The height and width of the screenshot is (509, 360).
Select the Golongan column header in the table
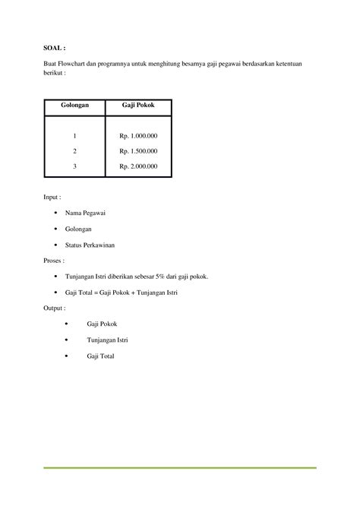(74, 106)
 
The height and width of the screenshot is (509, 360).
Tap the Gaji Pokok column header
(137, 106)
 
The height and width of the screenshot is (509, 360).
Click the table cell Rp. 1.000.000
(137, 136)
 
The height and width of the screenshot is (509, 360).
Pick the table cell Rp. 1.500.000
(137, 150)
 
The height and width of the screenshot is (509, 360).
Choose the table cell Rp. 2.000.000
(137, 166)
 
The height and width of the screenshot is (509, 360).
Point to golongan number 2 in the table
(74, 150)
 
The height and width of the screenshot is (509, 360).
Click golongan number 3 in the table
(74, 166)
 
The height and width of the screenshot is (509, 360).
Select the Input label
(53, 197)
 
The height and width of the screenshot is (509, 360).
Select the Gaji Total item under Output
(100, 356)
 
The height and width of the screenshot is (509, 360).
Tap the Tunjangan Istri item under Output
(107, 340)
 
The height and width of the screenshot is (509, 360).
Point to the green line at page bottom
(179, 469)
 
